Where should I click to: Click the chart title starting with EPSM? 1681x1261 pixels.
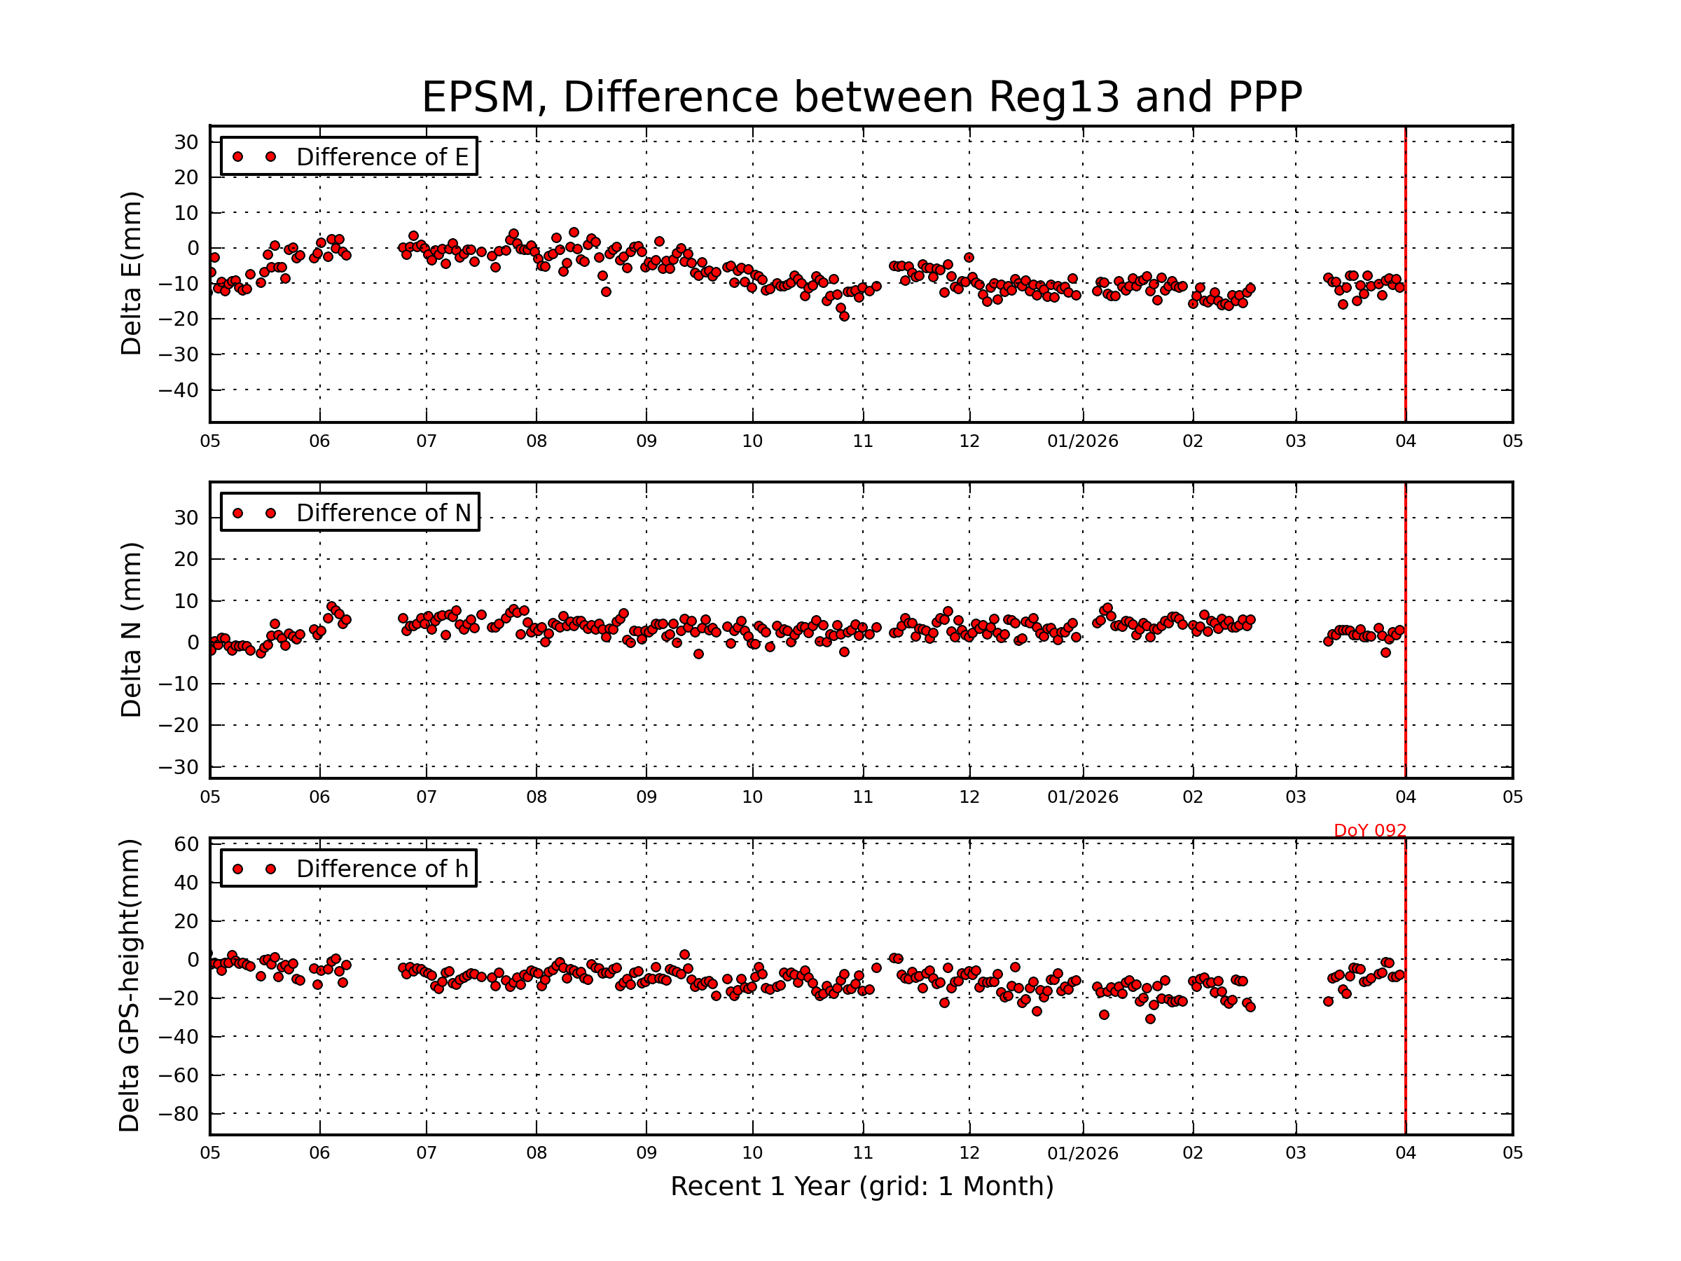point(862,97)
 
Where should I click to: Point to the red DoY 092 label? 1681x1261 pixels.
point(1369,831)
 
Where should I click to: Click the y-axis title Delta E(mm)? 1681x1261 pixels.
point(132,274)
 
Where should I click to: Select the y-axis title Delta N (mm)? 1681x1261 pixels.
point(132,629)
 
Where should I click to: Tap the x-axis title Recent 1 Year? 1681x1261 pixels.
point(862,1187)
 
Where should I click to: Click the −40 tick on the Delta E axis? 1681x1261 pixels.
point(178,391)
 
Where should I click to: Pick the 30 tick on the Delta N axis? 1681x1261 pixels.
point(186,518)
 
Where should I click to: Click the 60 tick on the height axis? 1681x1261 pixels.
point(186,844)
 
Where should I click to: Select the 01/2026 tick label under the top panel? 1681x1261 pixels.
point(1082,441)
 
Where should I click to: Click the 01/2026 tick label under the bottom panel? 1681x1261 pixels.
point(1082,1153)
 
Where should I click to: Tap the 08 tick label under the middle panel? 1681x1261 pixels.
point(537,797)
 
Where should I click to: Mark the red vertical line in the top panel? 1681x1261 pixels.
point(1405,274)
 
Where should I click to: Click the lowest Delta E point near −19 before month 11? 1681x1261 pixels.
point(844,316)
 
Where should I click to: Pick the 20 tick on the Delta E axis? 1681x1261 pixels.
point(186,178)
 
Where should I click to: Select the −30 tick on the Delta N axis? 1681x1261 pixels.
point(178,768)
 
